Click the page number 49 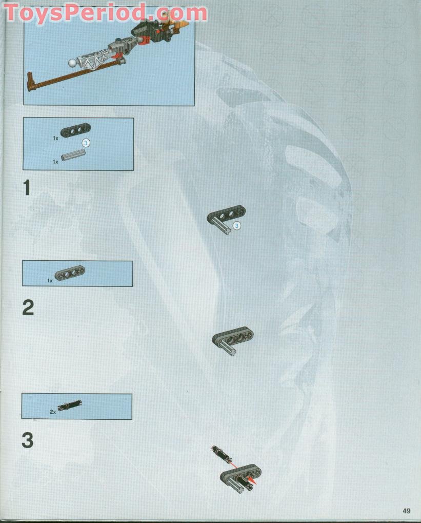[406, 511]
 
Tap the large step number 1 [27, 188]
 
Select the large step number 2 [28, 307]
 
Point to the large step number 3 [28, 440]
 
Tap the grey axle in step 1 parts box [73, 156]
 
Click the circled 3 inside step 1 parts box [86, 143]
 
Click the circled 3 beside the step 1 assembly [236, 225]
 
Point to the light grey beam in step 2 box [70, 273]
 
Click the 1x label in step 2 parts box [50, 281]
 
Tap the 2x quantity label [53, 412]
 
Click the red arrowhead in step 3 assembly [252, 481]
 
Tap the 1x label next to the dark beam [55, 138]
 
